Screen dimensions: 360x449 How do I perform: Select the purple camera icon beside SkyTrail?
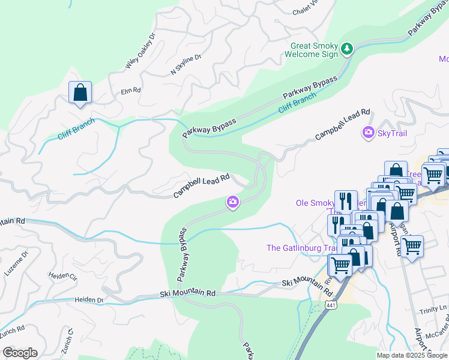368,133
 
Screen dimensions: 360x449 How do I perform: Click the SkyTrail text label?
392,133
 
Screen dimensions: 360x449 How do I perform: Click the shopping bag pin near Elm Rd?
80,93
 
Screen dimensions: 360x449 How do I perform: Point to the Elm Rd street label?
130,91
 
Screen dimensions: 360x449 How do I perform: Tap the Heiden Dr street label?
89,299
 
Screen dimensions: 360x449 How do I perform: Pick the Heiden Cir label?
64,277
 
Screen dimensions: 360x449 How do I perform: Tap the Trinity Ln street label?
434,308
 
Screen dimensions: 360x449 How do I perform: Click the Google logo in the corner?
20,353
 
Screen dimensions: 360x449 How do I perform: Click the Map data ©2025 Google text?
412,355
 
